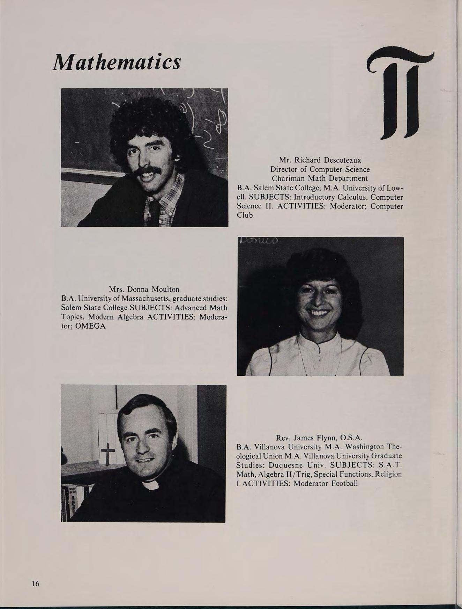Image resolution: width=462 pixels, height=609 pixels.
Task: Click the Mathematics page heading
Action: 117,62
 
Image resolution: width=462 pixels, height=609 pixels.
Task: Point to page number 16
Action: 35,583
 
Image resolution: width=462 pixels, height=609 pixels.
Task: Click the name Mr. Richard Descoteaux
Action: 320,160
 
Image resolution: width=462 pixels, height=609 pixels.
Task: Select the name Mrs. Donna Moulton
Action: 144,289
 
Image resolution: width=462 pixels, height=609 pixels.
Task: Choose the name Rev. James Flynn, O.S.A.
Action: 319,438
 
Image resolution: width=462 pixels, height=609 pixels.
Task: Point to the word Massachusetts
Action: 147,299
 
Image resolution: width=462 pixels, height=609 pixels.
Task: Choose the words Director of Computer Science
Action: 320,169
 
